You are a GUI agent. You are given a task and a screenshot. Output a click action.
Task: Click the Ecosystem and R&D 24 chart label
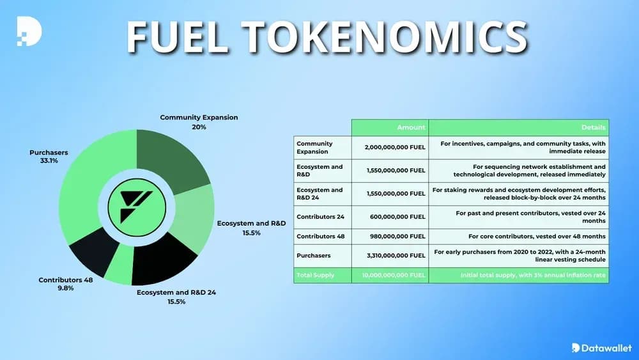pos(176,297)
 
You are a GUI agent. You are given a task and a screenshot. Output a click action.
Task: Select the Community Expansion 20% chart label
pos(199,121)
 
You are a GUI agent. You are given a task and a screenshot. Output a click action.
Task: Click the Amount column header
pos(410,127)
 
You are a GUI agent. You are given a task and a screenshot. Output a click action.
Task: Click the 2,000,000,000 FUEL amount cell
pos(395,147)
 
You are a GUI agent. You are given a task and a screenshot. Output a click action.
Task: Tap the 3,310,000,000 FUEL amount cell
pos(395,255)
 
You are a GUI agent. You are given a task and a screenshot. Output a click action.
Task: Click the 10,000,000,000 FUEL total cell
pos(393,275)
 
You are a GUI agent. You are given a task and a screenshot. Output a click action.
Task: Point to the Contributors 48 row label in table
pos(321,236)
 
